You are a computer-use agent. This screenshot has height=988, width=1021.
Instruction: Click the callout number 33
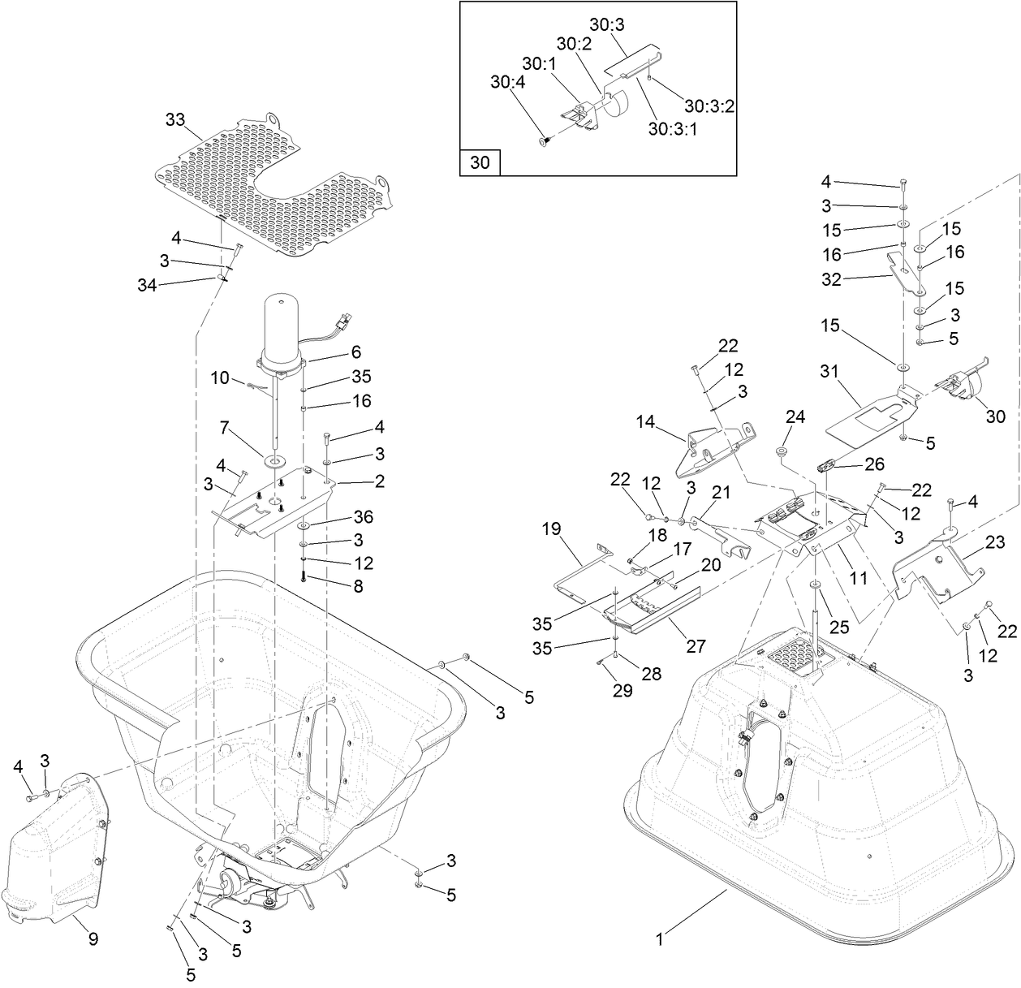coord(175,120)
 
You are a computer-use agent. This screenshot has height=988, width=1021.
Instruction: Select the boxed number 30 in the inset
coord(480,162)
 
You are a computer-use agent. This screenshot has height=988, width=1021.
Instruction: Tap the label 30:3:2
coord(709,106)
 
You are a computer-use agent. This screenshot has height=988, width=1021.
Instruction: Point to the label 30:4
coord(507,82)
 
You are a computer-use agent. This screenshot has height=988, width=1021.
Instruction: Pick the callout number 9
coord(93,939)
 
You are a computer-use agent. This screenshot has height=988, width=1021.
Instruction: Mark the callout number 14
coord(645,421)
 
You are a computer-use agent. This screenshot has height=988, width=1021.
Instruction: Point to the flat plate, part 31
coord(868,418)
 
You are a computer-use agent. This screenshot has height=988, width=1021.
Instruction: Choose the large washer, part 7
coord(274,462)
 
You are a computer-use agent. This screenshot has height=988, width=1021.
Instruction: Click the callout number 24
coord(795,417)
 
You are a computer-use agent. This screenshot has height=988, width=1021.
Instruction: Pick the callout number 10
coord(221,378)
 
